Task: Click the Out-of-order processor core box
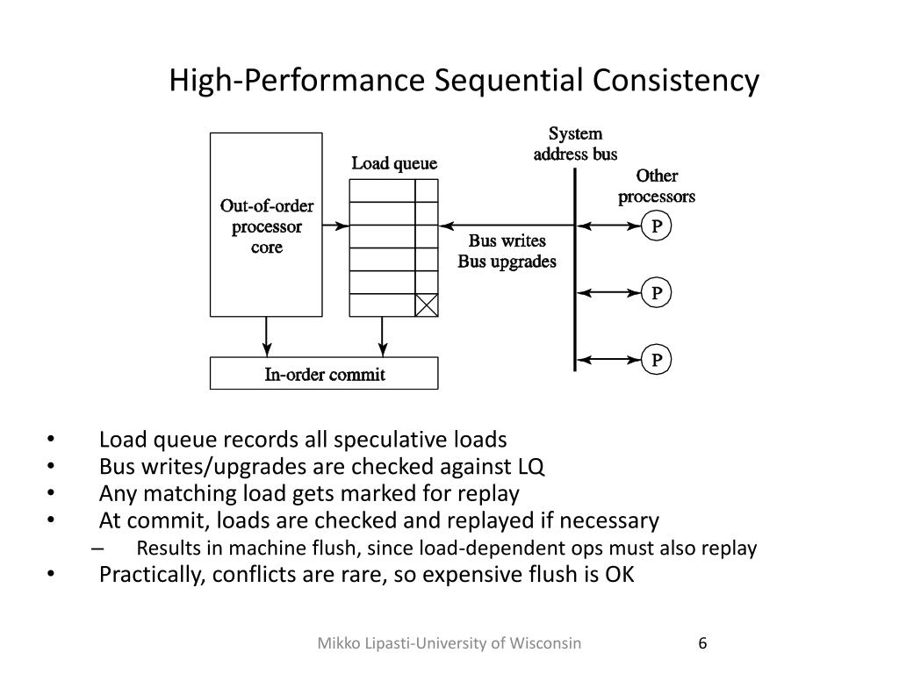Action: point(266,225)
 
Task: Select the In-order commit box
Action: point(324,375)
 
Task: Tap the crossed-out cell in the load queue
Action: point(426,305)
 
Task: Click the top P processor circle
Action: point(656,227)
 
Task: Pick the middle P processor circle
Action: point(656,292)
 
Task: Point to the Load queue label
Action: point(394,164)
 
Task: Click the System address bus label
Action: point(576,144)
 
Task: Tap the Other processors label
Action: point(657,186)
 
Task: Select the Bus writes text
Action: point(507,241)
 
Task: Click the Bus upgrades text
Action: point(507,262)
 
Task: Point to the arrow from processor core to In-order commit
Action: point(267,336)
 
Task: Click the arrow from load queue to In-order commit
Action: point(383,336)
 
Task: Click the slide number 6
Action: point(702,643)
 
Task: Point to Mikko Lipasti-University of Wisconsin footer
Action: point(449,643)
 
